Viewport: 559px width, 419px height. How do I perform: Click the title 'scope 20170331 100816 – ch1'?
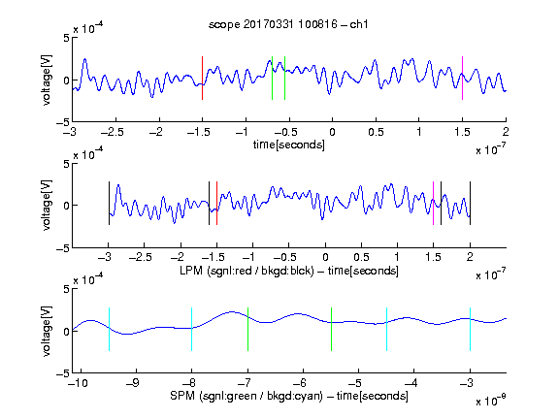pos(288,24)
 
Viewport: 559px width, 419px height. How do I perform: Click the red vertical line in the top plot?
pos(202,78)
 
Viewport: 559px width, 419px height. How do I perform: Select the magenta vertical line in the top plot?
pos(462,78)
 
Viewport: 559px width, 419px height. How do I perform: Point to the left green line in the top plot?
pos(272,78)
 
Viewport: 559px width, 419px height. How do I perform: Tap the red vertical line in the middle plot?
pos(216,203)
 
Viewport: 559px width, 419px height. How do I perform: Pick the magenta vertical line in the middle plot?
pos(433,203)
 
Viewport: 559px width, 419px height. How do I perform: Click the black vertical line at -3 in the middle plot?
pos(109,203)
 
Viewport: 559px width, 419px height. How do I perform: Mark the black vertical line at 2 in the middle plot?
pos(470,203)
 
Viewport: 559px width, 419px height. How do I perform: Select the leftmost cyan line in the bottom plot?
pos(109,329)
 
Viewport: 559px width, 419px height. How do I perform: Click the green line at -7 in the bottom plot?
pos(247,329)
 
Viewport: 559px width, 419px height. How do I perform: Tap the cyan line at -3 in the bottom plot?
pos(470,329)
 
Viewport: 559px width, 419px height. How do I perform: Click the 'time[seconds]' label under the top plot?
pos(289,145)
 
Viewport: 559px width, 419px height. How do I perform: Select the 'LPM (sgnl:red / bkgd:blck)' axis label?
pos(247,271)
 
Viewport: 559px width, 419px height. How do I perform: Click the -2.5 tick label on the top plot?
pos(112,132)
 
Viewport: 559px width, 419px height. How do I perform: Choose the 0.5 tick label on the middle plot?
pos(361,257)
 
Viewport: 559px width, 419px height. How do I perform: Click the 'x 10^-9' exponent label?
pos(491,401)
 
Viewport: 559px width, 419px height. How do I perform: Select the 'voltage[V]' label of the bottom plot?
pos(47,331)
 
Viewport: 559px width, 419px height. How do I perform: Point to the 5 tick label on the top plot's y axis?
pos(66,38)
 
